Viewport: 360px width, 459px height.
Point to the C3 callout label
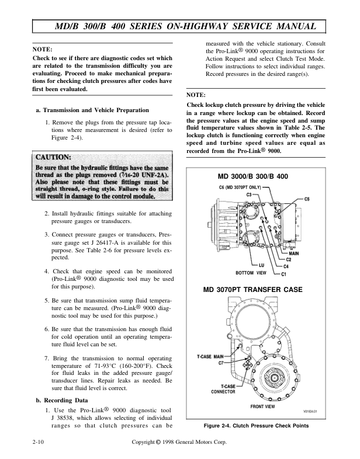pos(249,194)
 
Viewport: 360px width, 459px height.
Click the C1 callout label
pos(284,274)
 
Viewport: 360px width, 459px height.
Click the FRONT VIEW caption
pos(262,405)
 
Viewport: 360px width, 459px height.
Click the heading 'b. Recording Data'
pos(61,401)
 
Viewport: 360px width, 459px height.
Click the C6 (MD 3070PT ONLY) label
pos(238,187)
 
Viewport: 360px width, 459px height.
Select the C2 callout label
pos(289,259)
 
